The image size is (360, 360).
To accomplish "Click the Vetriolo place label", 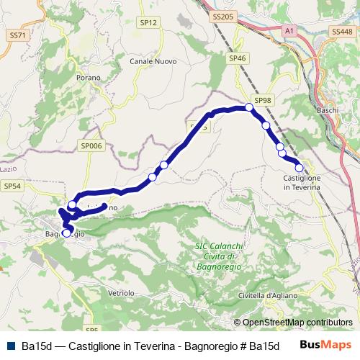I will [x=121, y=293].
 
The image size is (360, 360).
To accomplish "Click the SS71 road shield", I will [x=17, y=35].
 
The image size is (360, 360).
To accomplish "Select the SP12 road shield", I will [x=148, y=23].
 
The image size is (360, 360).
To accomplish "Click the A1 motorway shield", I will [x=289, y=31].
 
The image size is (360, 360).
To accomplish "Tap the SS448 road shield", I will [x=343, y=32].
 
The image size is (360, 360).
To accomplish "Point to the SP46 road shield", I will [x=237, y=58].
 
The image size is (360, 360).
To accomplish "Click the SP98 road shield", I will [x=262, y=101].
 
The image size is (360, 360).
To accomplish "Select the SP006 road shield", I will [x=92, y=145].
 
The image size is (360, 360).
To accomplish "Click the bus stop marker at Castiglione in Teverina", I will [x=300, y=169].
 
